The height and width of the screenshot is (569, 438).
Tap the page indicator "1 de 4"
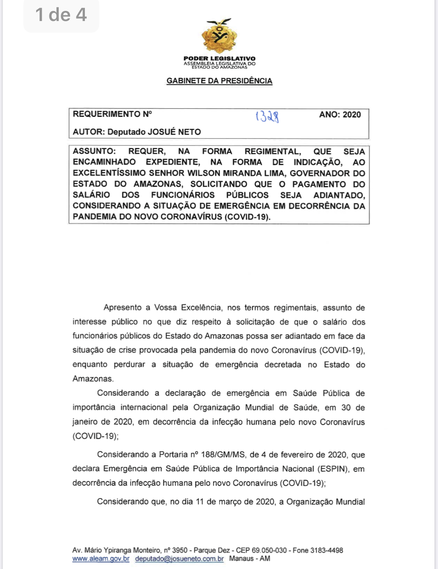click(x=61, y=15)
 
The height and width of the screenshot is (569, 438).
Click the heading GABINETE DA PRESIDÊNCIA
click(x=219, y=81)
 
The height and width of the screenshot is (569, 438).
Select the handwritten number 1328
click(x=267, y=116)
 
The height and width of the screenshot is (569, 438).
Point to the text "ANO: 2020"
click(x=340, y=115)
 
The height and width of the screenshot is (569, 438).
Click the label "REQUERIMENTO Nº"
click(x=112, y=114)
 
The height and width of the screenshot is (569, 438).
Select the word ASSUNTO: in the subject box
click(x=94, y=151)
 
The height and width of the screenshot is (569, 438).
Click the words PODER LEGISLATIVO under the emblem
click(x=219, y=58)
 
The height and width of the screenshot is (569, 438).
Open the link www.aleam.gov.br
click(x=101, y=559)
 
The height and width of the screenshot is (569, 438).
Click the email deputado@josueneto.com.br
click(x=179, y=559)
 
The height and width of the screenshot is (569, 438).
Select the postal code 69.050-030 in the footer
click(x=269, y=550)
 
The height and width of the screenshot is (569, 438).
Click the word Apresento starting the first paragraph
click(x=123, y=308)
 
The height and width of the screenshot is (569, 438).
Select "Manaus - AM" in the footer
click(x=250, y=559)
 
